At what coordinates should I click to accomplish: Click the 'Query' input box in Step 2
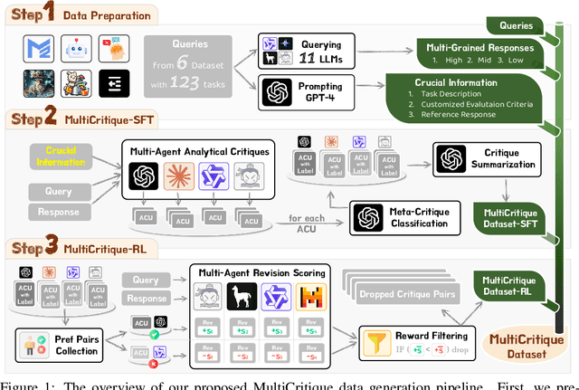click(53, 192)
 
